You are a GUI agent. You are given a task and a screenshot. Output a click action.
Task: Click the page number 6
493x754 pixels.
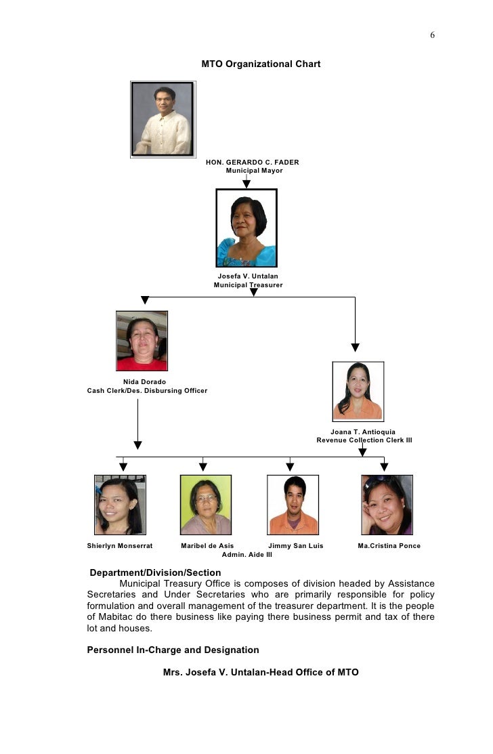432,35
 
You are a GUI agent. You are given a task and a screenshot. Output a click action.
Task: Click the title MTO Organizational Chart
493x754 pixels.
261,64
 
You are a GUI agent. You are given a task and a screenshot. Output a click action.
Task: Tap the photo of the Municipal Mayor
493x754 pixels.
163,120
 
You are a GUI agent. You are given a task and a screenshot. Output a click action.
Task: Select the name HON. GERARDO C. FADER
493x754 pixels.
253,163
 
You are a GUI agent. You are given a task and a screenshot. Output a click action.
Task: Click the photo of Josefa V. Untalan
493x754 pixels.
246,228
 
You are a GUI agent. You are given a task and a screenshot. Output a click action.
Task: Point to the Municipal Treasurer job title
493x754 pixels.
248,285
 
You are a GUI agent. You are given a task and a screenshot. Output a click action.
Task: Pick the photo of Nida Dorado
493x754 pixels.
142,341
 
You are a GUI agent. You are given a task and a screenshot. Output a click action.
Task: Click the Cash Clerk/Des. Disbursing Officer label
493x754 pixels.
148,391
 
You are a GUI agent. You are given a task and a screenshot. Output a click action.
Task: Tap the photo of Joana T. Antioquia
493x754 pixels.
358,392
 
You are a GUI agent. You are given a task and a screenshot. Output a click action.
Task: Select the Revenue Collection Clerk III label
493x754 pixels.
364,440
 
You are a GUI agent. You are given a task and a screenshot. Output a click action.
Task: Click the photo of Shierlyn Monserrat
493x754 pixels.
120,505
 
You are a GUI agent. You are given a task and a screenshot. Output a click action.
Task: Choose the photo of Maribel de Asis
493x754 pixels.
206,505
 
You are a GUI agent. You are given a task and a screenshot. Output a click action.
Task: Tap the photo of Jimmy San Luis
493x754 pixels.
293,505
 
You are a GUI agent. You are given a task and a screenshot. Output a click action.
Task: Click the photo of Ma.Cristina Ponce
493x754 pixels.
387,505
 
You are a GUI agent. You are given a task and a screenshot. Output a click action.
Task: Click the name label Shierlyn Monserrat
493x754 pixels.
120,546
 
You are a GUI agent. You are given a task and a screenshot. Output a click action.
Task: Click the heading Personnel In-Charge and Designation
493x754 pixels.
173,650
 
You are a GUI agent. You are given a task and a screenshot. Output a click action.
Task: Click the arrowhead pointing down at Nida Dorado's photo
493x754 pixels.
144,300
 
